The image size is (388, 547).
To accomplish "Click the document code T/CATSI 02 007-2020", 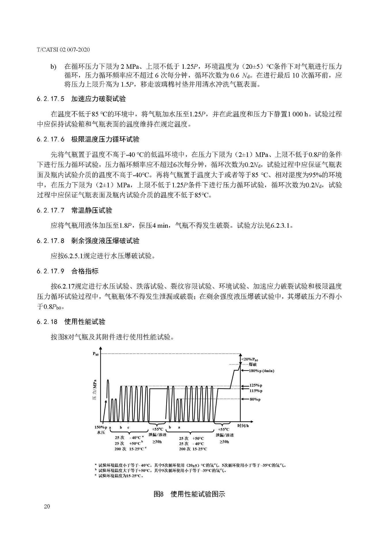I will click(63, 50).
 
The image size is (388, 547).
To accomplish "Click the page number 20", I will click(47, 514).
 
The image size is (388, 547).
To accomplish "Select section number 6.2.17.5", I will click(50, 99).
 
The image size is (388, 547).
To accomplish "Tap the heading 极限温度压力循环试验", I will click(105, 140).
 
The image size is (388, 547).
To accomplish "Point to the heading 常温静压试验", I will click(92, 210).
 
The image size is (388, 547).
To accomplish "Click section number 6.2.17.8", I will click(50, 241).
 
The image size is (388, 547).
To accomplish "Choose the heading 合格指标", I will click(85, 271).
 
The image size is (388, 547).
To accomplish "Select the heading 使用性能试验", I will click(85, 322).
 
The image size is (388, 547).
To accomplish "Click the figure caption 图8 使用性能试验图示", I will click(189, 494).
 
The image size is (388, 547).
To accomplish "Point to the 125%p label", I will click(256, 385).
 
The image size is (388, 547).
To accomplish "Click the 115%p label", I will click(256, 391).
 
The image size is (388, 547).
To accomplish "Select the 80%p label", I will click(255, 399).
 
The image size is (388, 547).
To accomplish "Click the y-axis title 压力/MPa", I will click(95, 391).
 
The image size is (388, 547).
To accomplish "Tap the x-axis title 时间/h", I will click(243, 426).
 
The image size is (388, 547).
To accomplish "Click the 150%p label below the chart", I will click(101, 428).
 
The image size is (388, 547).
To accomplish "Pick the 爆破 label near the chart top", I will click(253, 364).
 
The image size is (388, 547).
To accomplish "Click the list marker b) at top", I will click(53, 67).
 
